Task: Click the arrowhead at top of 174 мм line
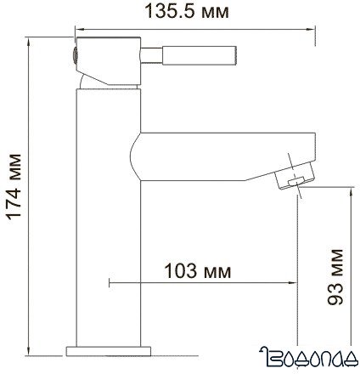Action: [30, 41]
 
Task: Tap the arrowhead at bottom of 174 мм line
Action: [30, 349]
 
